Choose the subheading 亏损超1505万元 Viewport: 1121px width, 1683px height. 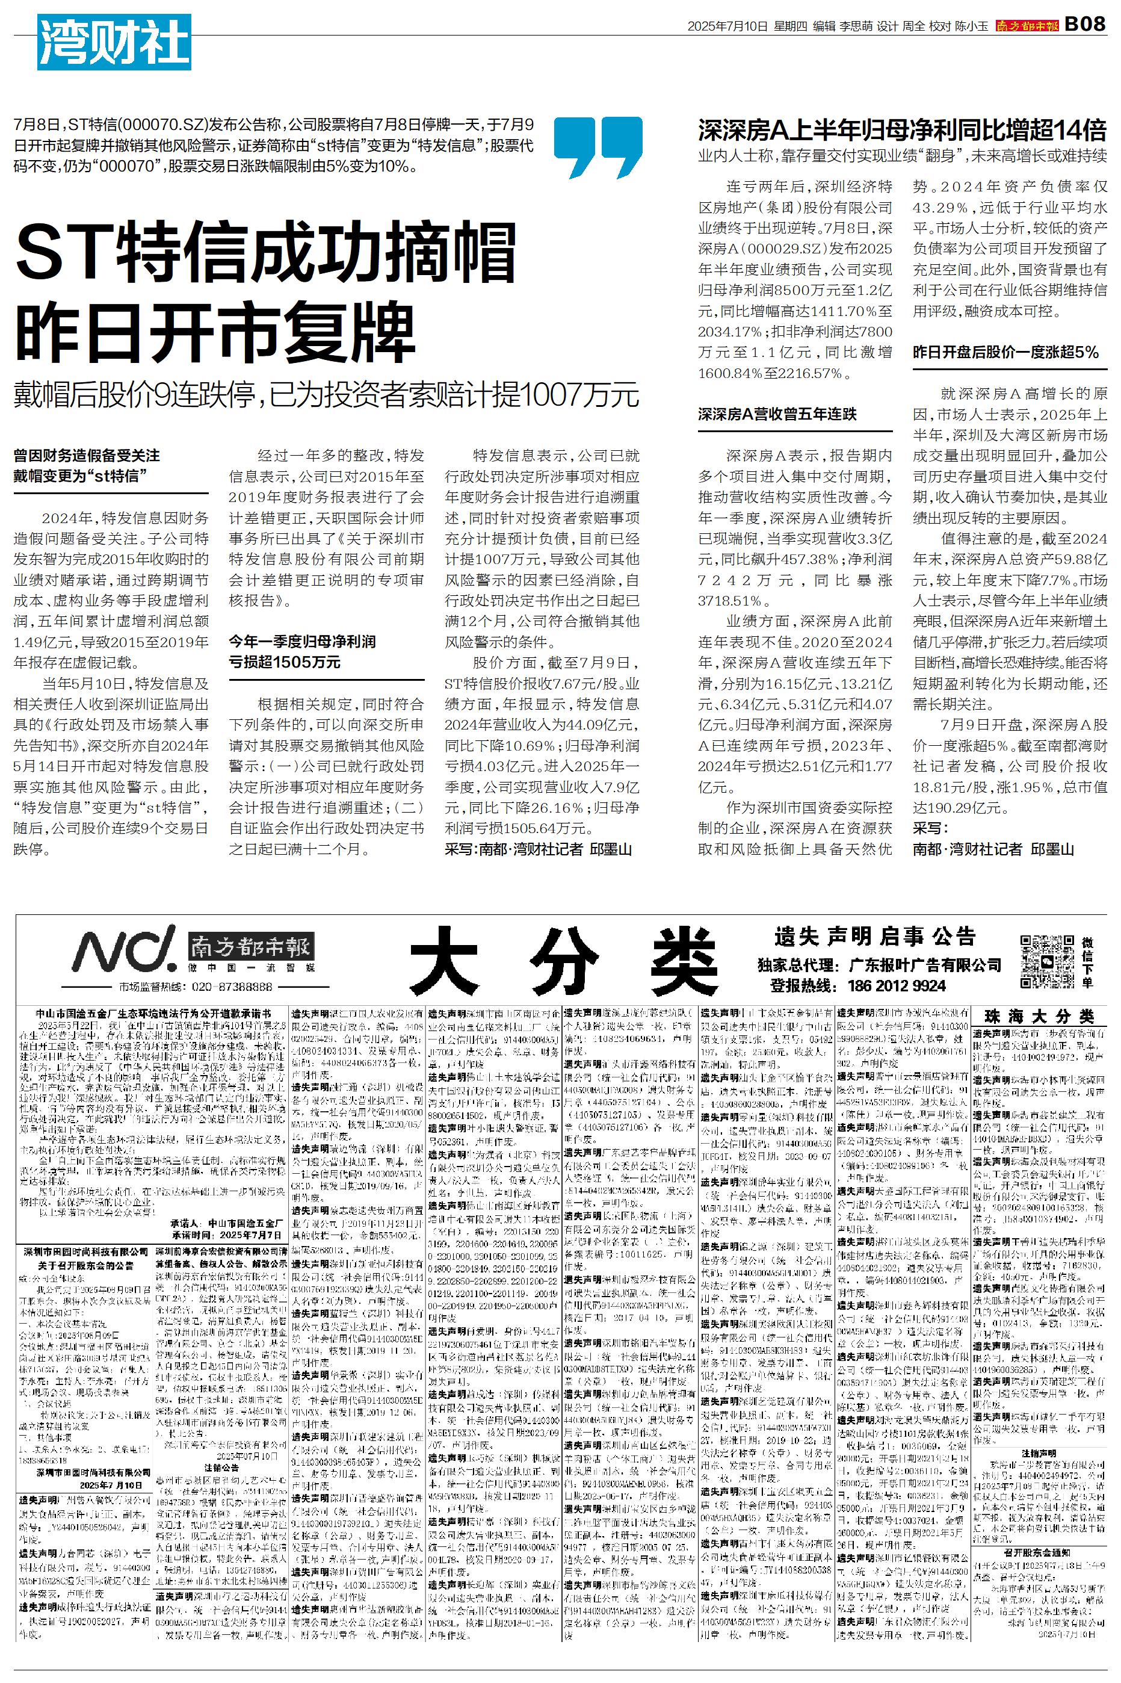[284, 662]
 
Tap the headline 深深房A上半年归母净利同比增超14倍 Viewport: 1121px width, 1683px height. [902, 131]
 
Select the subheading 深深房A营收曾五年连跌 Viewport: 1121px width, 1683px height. [777, 414]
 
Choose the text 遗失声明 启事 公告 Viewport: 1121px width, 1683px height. [874, 937]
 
